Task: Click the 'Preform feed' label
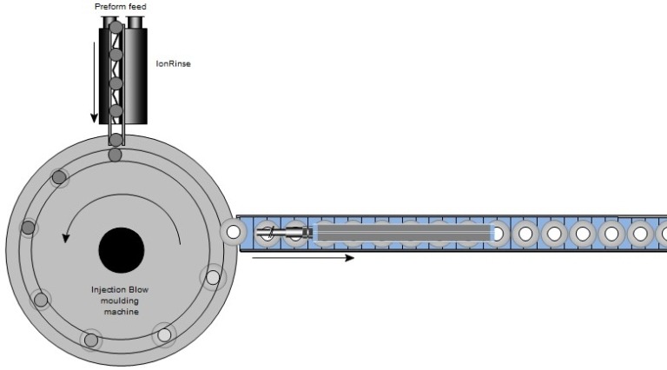click(121, 7)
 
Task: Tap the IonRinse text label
click(173, 63)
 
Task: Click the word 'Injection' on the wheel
click(108, 289)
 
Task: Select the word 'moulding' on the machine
click(120, 301)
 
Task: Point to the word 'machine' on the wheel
click(122, 312)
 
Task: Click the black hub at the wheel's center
click(122, 250)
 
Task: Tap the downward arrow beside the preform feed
click(95, 83)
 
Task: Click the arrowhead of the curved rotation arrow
click(65, 238)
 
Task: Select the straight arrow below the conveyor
click(303, 258)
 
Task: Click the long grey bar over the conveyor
click(404, 233)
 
